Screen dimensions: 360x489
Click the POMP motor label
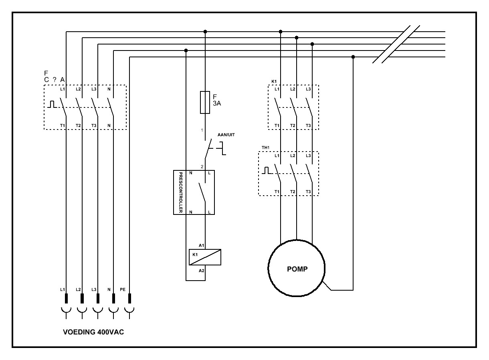coord(297,269)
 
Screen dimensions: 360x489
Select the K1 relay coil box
coord(205,257)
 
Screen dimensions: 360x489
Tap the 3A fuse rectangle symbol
coord(205,102)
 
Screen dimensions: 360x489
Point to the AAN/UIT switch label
coord(226,135)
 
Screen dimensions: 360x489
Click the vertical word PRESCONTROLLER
coord(180,192)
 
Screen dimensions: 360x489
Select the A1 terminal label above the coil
coord(201,245)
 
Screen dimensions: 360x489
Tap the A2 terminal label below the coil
coord(201,271)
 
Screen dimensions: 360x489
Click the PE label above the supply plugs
coord(123,289)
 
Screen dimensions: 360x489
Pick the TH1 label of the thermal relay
coord(265,148)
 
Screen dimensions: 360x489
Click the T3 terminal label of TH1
coord(308,192)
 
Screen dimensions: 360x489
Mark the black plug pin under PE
coord(129,299)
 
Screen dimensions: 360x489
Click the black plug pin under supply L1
coord(66,299)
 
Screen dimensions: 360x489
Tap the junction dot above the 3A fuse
coord(205,31)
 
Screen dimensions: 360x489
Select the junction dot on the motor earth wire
coord(353,57)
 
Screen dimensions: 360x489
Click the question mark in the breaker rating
coord(54,79)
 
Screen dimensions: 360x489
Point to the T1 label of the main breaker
coord(62,125)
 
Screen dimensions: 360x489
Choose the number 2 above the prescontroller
coord(202,166)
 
